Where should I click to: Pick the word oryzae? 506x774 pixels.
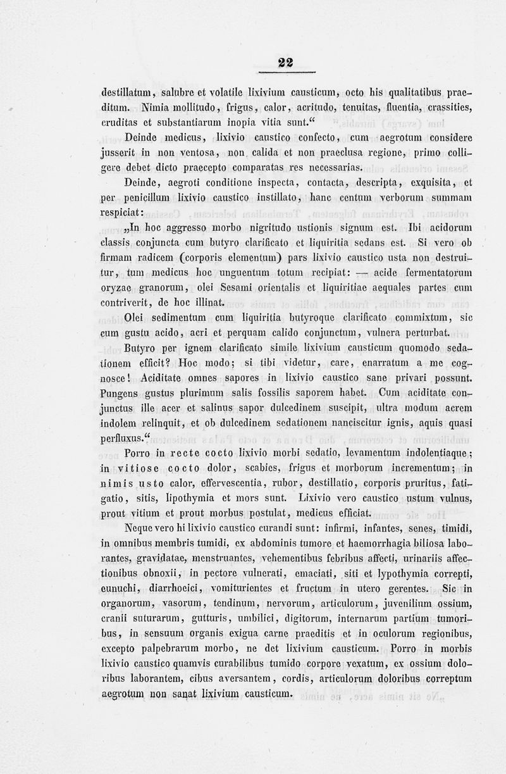pos(116,289)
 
